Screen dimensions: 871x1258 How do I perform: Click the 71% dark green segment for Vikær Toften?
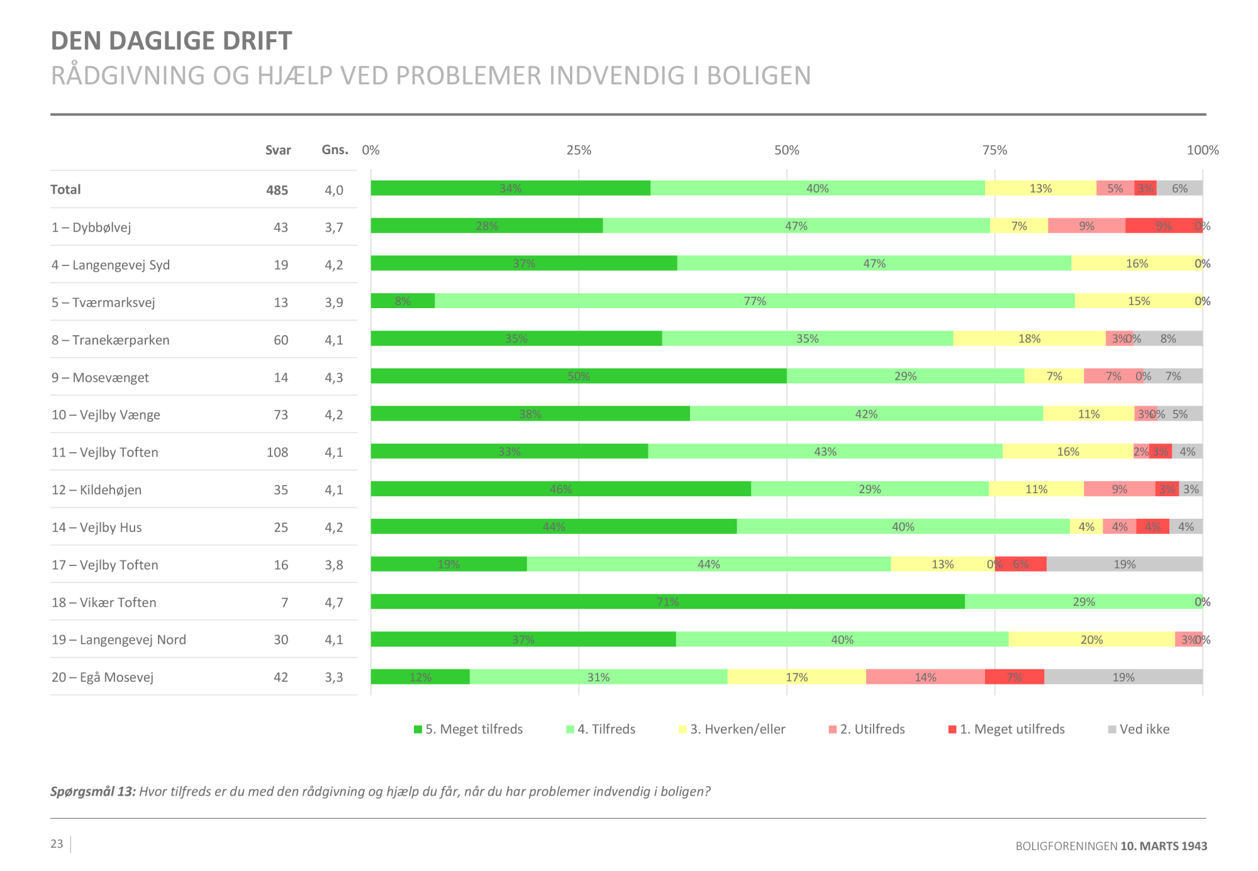[x=667, y=602]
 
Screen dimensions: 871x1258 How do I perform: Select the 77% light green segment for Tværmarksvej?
[x=754, y=301]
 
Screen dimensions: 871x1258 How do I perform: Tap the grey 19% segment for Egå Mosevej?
[x=1123, y=677]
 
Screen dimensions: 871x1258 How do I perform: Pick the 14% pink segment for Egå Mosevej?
[x=925, y=677]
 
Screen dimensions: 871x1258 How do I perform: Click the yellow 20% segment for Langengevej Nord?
[x=1091, y=640]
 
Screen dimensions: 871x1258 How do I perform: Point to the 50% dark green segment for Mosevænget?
[x=578, y=376]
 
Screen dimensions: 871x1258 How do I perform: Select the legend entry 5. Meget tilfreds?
[x=468, y=730]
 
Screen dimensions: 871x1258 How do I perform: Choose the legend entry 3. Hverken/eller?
[x=732, y=730]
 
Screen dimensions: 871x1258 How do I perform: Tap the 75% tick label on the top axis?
[x=994, y=150]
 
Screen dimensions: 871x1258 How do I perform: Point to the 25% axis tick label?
[x=579, y=150]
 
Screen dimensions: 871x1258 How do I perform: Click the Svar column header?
[x=277, y=150]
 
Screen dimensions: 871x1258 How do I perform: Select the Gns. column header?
[x=335, y=150]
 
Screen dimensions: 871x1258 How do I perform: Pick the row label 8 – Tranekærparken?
[x=111, y=340]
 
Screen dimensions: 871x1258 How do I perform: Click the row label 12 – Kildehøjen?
[x=97, y=490]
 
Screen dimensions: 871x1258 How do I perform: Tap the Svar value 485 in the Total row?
[x=277, y=190]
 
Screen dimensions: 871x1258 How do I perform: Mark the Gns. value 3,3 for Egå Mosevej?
[x=333, y=677]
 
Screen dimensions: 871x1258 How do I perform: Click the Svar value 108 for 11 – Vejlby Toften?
[x=277, y=452]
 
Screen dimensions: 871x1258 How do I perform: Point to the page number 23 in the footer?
[x=57, y=844]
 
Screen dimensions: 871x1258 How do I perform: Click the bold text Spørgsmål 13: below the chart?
[x=93, y=792]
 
